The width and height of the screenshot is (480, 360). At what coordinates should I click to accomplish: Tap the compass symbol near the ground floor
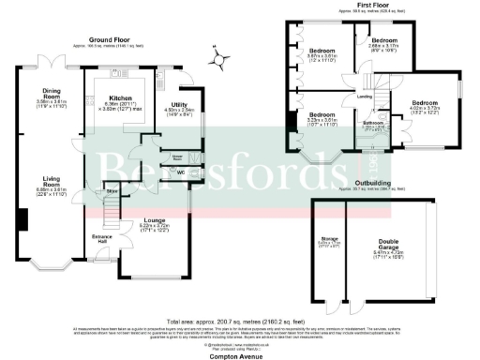(x=219, y=59)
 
